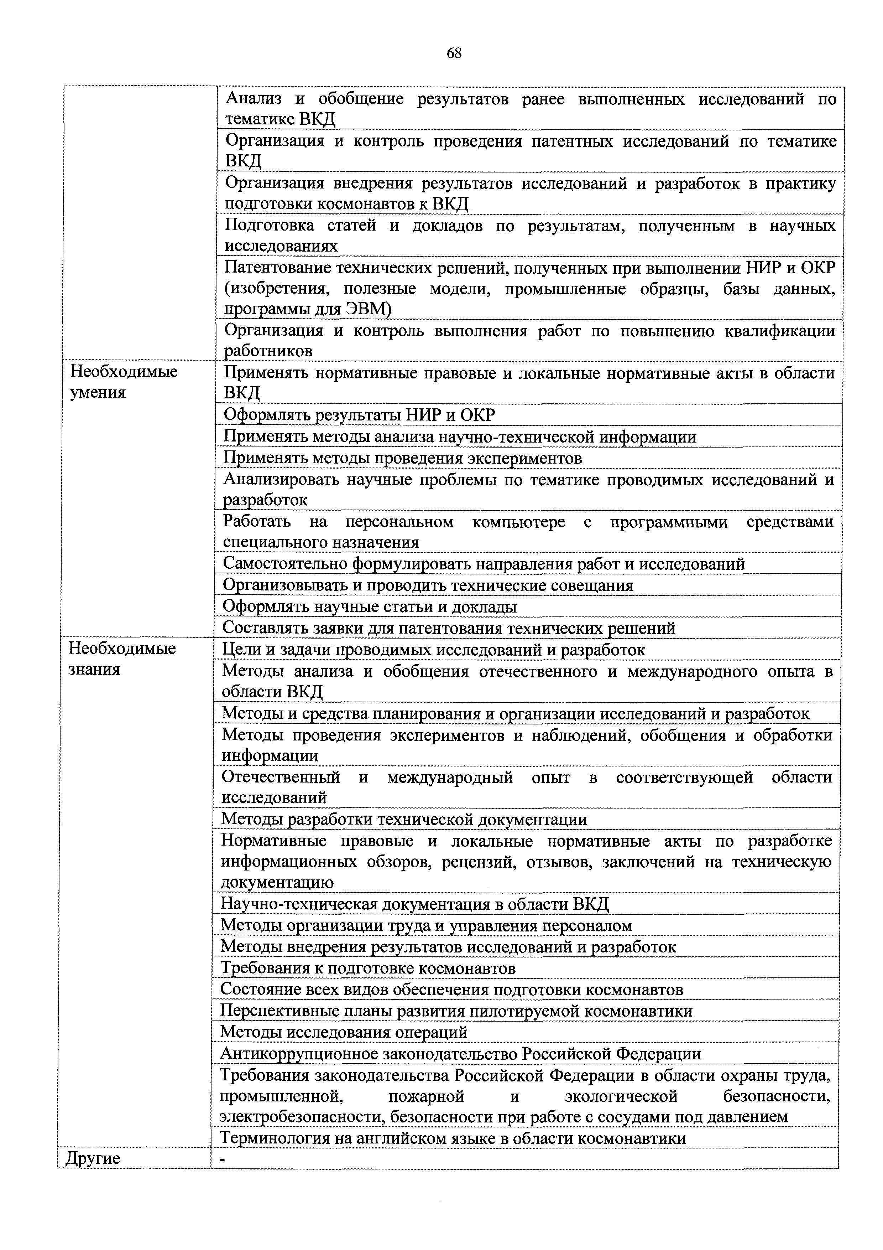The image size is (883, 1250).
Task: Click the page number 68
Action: click(x=454, y=53)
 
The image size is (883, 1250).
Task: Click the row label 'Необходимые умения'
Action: click(x=124, y=382)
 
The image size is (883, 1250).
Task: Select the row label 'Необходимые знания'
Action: click(x=122, y=659)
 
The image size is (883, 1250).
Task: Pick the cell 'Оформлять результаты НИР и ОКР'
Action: click(x=360, y=415)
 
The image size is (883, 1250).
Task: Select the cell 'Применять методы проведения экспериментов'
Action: click(x=403, y=458)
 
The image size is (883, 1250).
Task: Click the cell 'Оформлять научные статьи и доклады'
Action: click(x=370, y=606)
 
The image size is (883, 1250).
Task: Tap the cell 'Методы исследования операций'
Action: click(x=344, y=1032)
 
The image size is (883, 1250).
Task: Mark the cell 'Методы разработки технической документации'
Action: click(x=404, y=819)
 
